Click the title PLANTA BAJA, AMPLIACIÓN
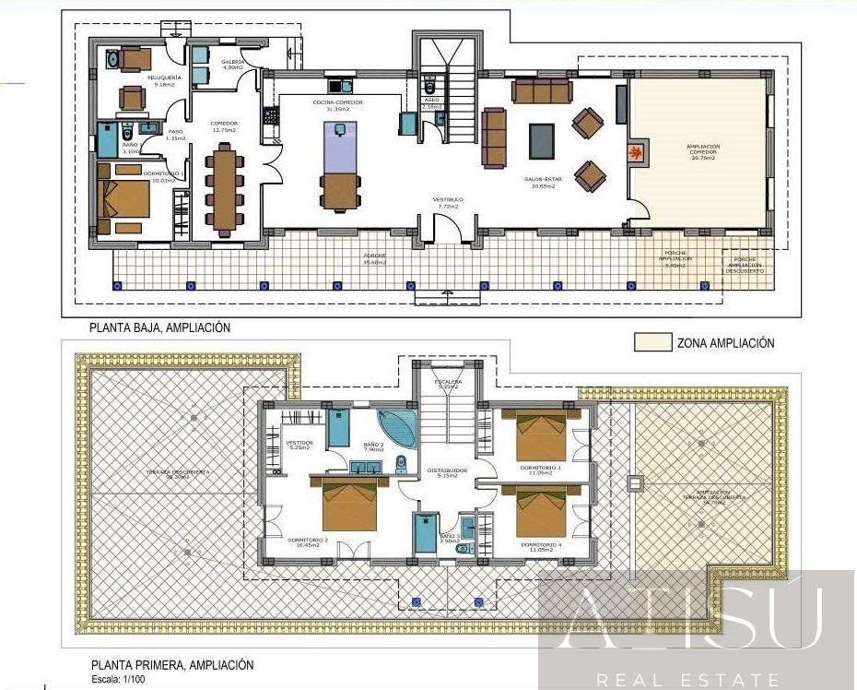(x=159, y=327)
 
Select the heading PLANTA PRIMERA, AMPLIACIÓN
(x=171, y=665)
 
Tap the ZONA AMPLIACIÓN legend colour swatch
(x=652, y=342)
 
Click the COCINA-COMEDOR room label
(x=337, y=102)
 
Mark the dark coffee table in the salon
(x=542, y=141)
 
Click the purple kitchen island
(x=337, y=148)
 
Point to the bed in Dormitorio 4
(x=541, y=512)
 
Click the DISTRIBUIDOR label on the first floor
(x=447, y=470)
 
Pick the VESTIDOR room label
(x=300, y=444)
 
